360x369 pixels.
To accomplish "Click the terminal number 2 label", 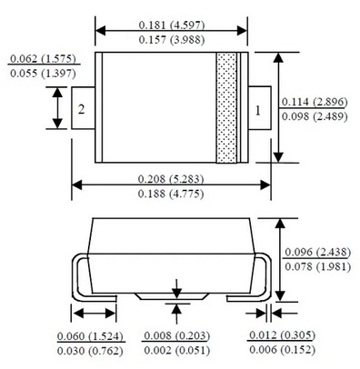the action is click(81, 109).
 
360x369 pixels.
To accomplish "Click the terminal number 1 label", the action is click(258, 111).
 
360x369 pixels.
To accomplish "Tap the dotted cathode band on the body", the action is click(226, 107).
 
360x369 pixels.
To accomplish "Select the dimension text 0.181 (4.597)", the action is click(172, 25).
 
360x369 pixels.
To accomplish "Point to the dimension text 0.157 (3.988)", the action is click(172, 40).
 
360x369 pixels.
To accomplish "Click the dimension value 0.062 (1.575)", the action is click(43, 58).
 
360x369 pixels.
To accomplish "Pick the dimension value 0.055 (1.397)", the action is click(43, 74).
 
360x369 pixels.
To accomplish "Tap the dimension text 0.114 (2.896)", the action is click(315, 102).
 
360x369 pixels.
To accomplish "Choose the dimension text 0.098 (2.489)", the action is click(315, 116).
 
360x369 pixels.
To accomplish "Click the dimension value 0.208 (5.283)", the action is click(171, 179).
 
